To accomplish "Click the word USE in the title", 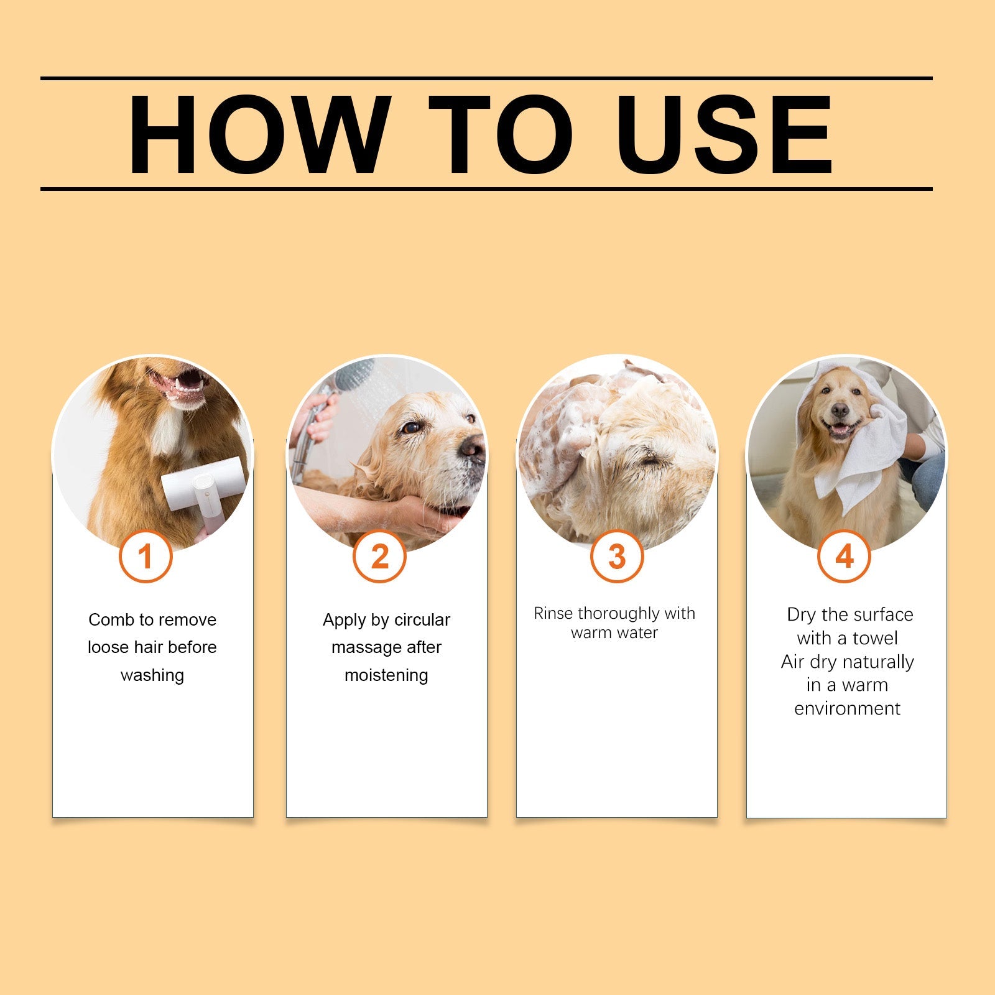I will (724, 136).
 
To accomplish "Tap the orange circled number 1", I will (146, 557).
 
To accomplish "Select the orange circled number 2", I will (379, 557).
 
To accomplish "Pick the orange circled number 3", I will (616, 557).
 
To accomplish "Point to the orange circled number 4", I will (844, 557).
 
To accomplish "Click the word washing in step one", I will (152, 675).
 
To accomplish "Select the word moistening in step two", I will (386, 675).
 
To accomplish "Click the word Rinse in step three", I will (553, 614).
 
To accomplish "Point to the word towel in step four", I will (875, 639).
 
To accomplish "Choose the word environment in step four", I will (847, 709).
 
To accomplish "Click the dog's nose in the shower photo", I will (473, 447).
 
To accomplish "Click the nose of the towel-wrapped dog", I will (840, 410).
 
